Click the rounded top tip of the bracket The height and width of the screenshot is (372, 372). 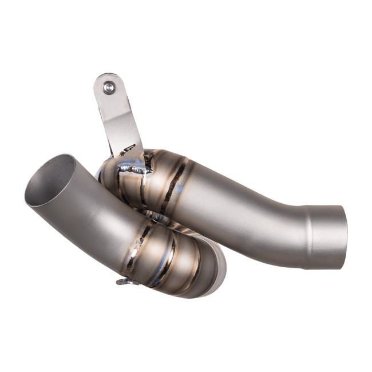coord(106,77)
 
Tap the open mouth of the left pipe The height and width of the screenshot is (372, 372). coord(53,175)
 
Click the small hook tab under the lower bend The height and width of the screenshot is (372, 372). coord(121,281)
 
